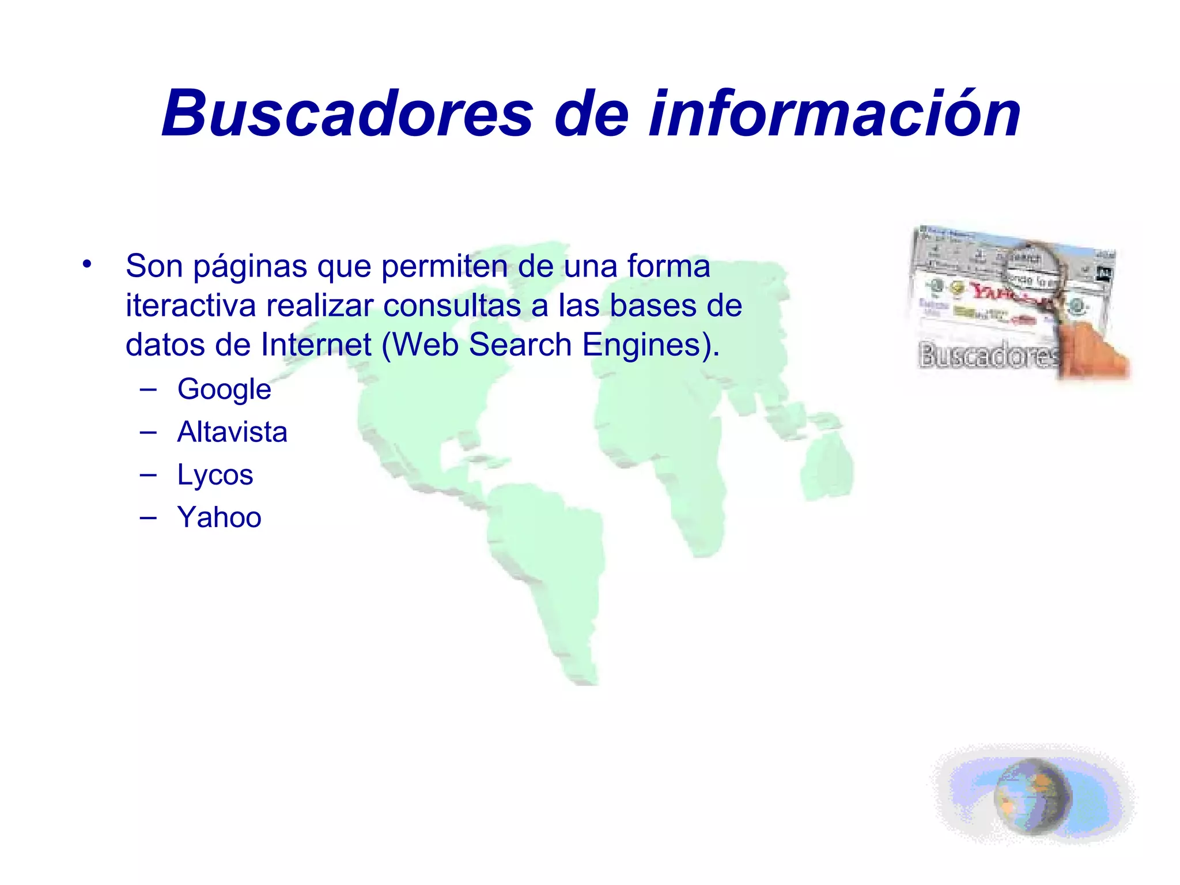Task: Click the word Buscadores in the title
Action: click(347, 114)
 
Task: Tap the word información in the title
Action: click(835, 114)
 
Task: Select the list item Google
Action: click(224, 389)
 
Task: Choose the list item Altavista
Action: click(232, 432)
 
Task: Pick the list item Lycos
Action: click(215, 475)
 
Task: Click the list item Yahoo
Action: click(219, 517)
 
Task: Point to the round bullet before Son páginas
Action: click(87, 265)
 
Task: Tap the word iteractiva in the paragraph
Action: click(190, 305)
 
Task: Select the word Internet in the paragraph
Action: click(316, 345)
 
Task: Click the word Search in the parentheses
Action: click(520, 345)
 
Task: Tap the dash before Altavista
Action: click(148, 432)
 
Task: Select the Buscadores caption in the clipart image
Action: click(989, 354)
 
